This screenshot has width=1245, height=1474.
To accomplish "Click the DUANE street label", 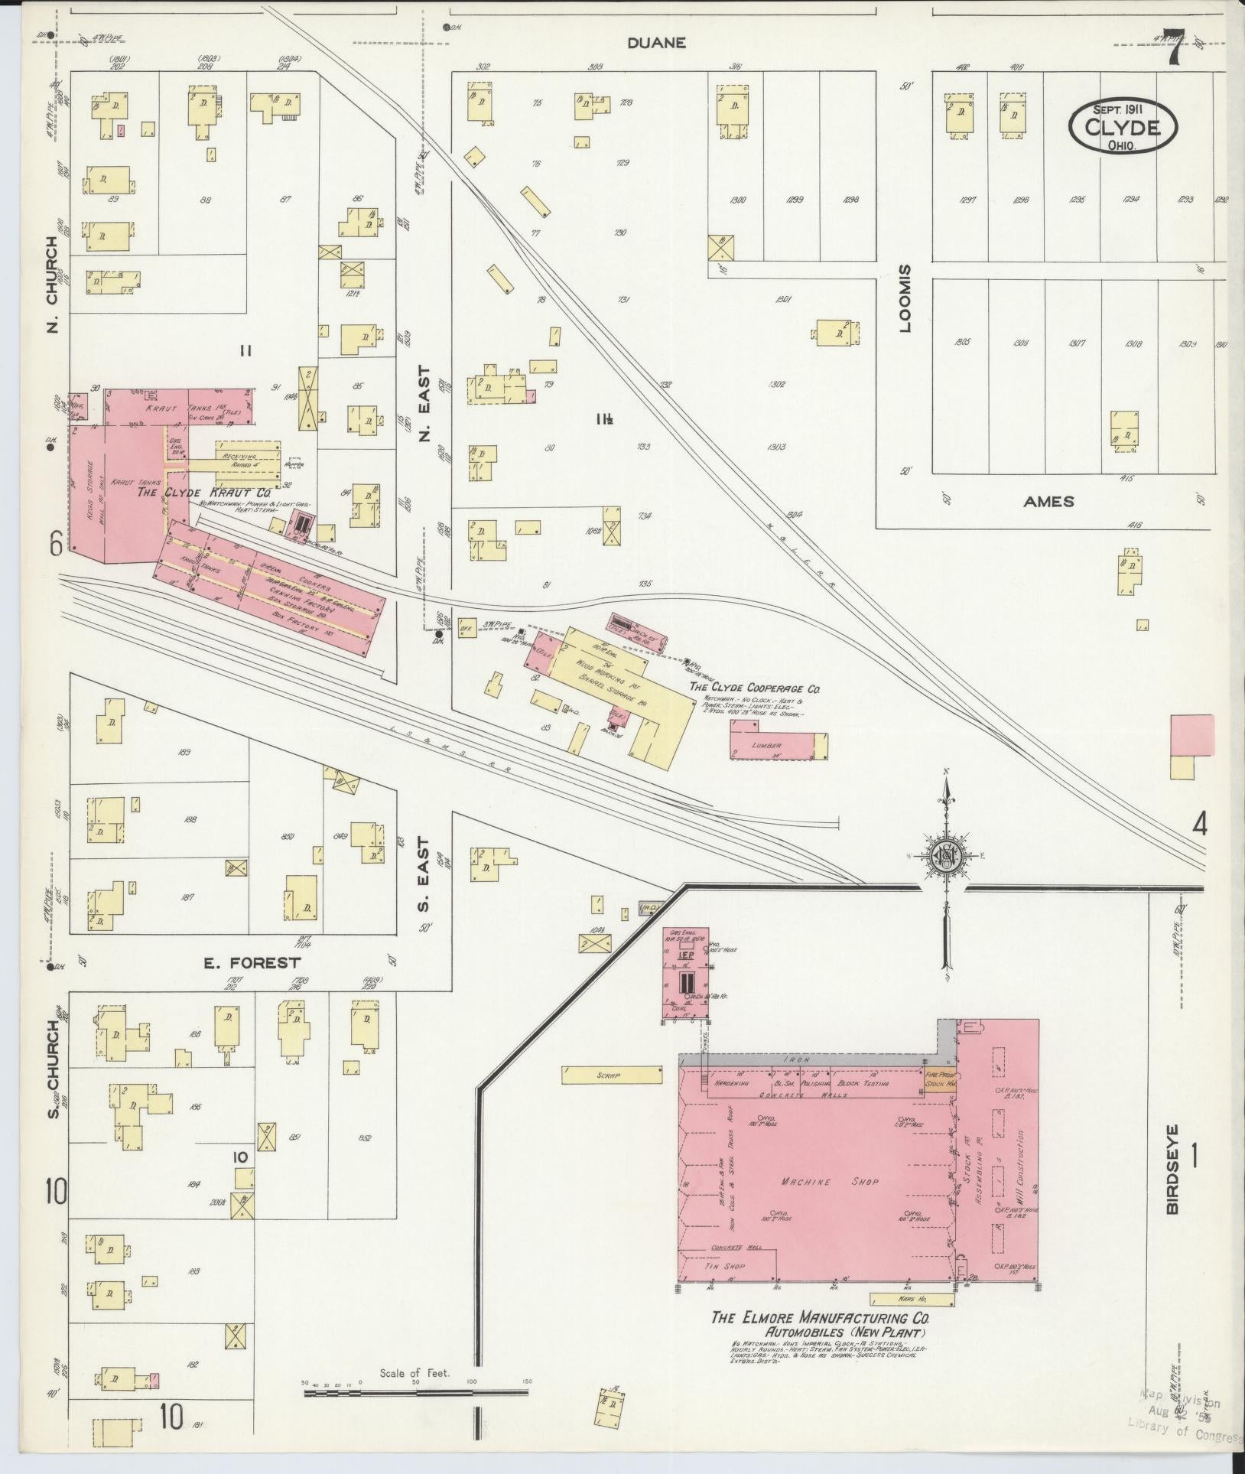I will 656,43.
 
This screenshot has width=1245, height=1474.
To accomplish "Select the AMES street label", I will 1048,502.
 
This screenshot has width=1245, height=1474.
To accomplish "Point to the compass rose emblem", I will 945,857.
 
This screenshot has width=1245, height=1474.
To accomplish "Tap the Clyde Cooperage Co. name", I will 754,688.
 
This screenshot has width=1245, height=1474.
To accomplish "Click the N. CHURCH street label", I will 52,285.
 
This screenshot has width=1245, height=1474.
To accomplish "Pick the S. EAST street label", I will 425,883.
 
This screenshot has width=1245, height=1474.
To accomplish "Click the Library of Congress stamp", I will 1185,1430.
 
